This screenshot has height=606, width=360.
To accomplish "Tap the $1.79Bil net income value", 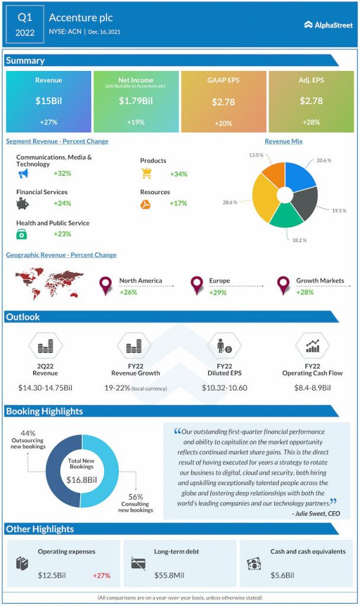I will pos(136,101).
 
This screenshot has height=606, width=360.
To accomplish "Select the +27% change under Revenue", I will pos(49,122).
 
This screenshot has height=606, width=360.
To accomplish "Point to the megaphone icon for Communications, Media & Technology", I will pos(23,174).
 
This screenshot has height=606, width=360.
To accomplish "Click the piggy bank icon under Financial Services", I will pos(22,204).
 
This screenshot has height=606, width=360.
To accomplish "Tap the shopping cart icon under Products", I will pos(146,173).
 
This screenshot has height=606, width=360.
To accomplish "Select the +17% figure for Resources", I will pos(178,203).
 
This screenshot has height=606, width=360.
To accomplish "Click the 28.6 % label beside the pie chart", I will pos(230,202).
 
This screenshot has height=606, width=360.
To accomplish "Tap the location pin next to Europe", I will pos(197,286).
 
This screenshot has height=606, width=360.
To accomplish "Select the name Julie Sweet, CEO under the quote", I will pos(316,513).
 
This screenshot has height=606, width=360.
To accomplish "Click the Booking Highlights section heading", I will pos(44,411).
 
